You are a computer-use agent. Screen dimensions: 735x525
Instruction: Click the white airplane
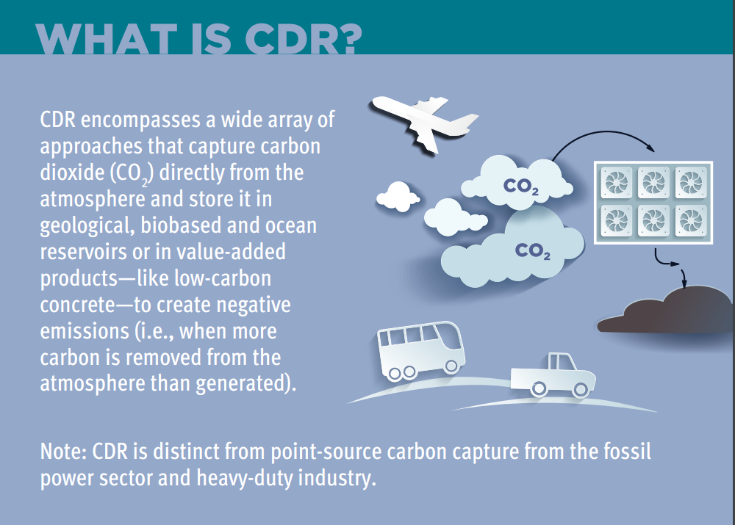(x=422, y=123)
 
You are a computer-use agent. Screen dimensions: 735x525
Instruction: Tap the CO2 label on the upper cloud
(x=521, y=187)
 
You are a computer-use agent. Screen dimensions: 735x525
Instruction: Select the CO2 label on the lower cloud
(x=532, y=251)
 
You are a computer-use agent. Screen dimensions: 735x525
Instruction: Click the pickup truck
(x=553, y=376)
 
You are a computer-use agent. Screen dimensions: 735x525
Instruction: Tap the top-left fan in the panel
(x=616, y=182)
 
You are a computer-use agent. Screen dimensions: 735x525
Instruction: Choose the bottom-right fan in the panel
(x=691, y=220)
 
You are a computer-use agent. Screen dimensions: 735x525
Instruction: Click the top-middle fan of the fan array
(x=653, y=182)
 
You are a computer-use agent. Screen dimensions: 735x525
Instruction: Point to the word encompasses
(x=140, y=120)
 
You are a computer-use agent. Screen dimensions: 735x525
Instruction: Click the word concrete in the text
(x=77, y=305)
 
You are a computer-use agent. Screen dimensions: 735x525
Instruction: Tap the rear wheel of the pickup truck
(x=539, y=388)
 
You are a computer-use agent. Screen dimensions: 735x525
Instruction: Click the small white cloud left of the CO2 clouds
(x=398, y=197)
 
